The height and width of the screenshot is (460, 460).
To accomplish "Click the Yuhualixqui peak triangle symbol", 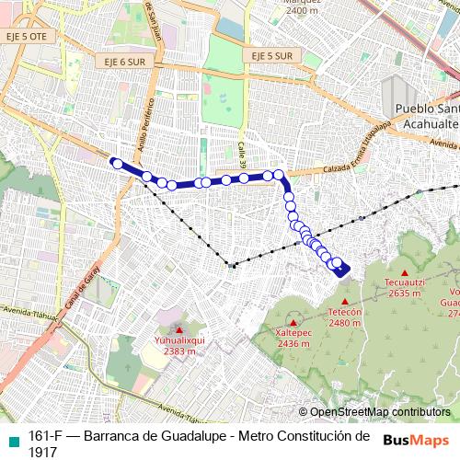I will tap(179, 329).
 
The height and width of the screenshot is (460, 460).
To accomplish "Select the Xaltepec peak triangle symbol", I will tap(294, 323).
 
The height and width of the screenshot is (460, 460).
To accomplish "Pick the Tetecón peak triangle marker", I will tap(344, 302).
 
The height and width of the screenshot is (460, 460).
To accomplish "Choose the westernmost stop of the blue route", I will tap(117, 164).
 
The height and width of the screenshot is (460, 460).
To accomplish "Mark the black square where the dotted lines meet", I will tap(232, 266).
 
